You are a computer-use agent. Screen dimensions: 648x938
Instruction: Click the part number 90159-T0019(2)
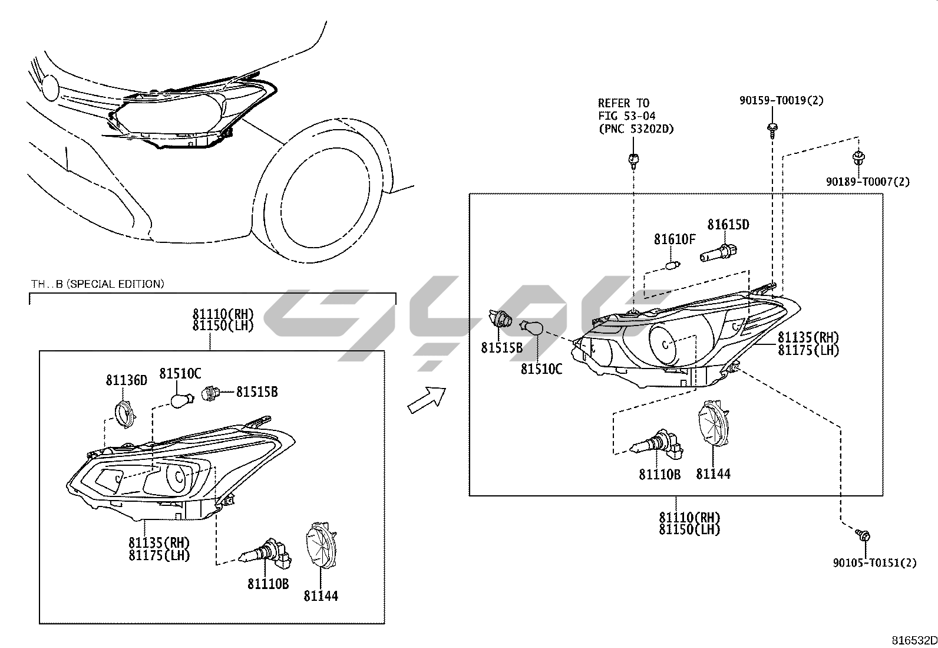click(781, 101)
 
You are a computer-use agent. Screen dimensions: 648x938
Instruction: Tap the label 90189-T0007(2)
click(867, 182)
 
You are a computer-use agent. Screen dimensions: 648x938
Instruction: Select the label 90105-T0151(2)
click(874, 563)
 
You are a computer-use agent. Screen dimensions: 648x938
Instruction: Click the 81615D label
click(728, 225)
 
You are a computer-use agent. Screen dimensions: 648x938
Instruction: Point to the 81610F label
click(675, 239)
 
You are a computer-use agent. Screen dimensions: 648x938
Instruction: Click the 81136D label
click(127, 380)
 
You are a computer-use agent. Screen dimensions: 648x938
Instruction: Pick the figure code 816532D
click(913, 640)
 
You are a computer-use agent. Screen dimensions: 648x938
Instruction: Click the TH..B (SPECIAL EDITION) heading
click(98, 284)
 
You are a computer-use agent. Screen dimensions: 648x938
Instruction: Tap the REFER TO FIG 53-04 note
click(635, 116)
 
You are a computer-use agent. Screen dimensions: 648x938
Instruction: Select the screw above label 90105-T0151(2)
click(864, 535)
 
